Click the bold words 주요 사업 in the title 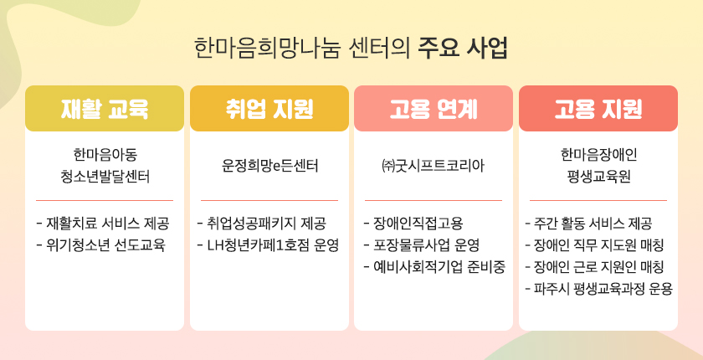coord(463,48)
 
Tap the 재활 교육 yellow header coord(105,109)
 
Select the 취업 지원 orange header coord(269,109)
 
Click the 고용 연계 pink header coord(434,109)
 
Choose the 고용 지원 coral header coord(598,109)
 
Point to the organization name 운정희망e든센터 coord(269,167)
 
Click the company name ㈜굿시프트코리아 coord(434,167)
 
